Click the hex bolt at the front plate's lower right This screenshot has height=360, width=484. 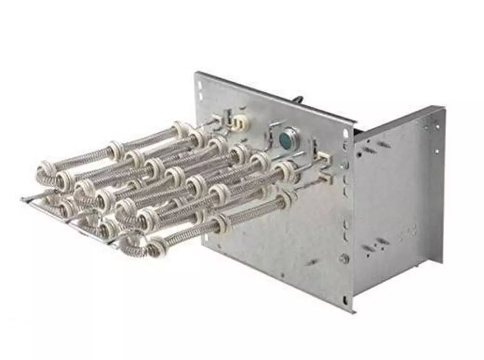(x=344, y=259)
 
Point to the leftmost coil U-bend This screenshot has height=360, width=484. (x=44, y=174)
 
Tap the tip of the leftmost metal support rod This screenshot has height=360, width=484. (x=23, y=199)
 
